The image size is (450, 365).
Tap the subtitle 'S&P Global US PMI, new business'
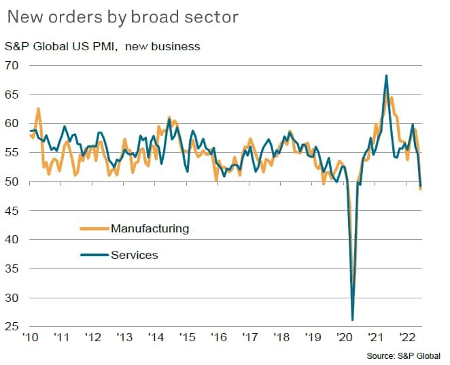point(103,46)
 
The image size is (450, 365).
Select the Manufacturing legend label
point(150,228)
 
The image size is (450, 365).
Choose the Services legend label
point(135,255)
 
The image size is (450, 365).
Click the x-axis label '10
point(29,338)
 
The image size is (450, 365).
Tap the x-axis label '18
point(281,338)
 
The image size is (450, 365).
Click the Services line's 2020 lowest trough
point(353,319)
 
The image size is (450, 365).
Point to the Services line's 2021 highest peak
point(386,75)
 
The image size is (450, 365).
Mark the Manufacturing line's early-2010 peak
point(38,109)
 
